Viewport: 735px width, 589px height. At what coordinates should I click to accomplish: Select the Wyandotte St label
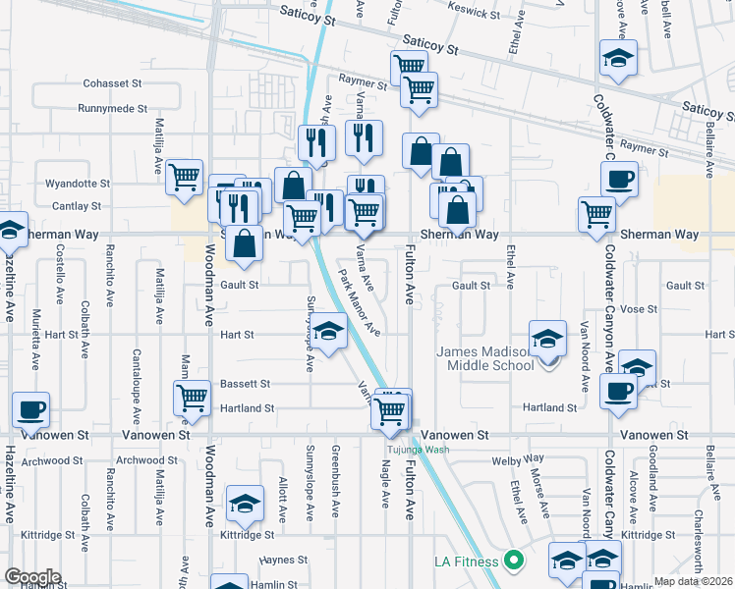click(78, 184)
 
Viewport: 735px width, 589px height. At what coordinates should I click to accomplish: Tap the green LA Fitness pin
click(512, 561)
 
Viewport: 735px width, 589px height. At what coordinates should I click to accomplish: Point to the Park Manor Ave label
click(361, 301)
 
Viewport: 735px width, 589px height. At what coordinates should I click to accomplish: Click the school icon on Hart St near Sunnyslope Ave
click(329, 329)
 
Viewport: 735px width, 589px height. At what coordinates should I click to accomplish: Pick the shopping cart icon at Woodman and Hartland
click(191, 398)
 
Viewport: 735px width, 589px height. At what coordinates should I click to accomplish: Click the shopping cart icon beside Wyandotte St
click(185, 177)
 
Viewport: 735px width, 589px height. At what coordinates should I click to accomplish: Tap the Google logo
click(32, 577)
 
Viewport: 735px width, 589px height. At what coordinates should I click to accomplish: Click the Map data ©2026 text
click(694, 581)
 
